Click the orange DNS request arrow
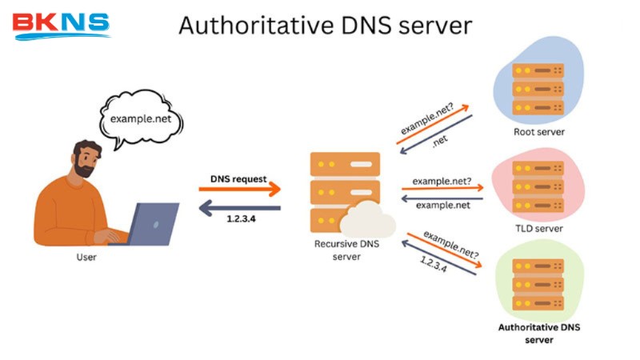[x=240, y=190]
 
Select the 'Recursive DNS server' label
[x=346, y=250]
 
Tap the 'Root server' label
[x=540, y=132]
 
